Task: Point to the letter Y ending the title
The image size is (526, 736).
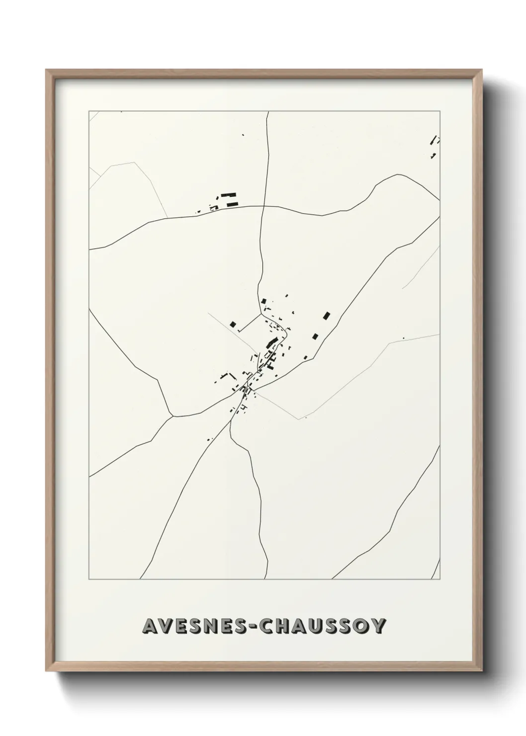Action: tap(379, 627)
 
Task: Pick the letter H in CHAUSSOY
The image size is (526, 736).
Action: tap(280, 627)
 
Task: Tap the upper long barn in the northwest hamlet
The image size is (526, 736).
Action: tap(229, 195)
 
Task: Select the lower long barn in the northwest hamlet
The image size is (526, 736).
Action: tap(232, 203)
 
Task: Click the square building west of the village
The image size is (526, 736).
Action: tap(233, 324)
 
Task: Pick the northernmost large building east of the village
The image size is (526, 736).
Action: tap(327, 315)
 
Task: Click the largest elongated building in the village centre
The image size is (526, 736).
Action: tap(271, 343)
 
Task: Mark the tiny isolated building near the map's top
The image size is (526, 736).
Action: tap(243, 134)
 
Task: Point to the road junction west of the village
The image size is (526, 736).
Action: tap(172, 416)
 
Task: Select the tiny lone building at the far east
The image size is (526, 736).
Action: tap(403, 339)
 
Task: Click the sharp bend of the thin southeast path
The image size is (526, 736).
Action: tap(298, 419)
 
